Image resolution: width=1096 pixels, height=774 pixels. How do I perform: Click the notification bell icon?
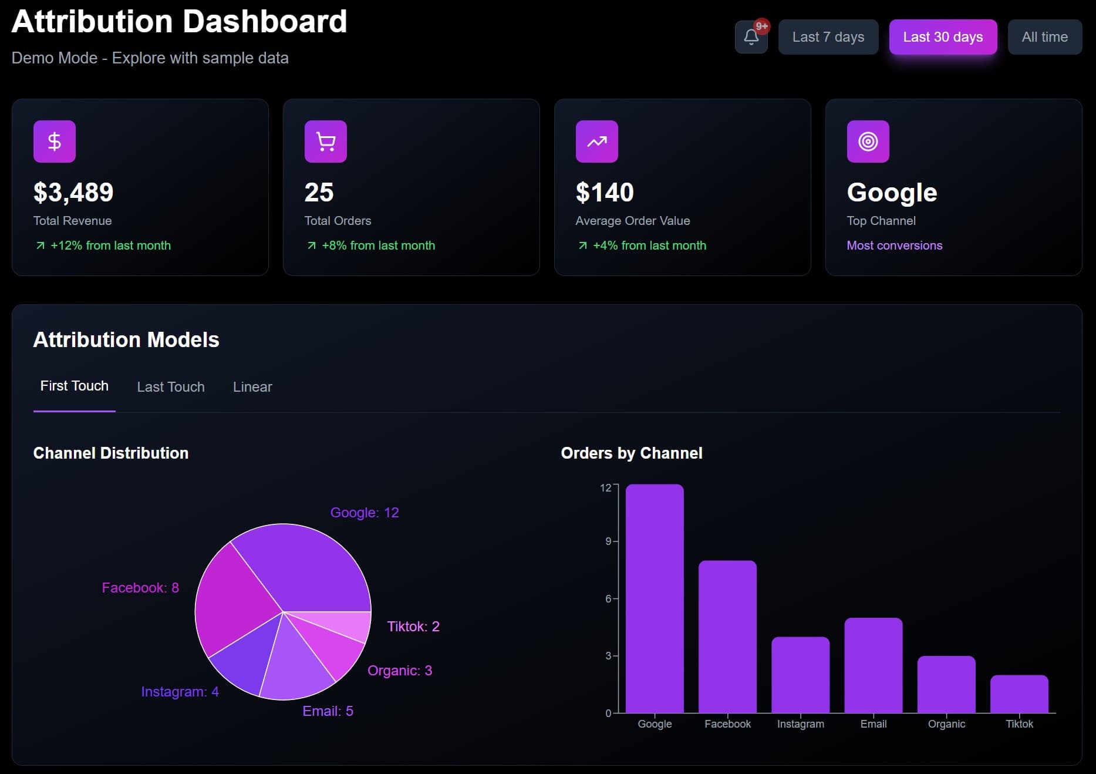pos(751,37)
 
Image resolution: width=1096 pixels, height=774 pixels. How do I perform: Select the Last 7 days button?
pos(828,37)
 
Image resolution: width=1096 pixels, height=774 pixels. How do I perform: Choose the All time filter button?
pos(1044,37)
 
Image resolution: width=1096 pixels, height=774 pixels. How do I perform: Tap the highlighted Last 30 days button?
pos(943,37)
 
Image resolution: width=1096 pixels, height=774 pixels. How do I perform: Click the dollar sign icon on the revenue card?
pos(55,142)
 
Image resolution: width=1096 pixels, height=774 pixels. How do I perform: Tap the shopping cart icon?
pos(326,142)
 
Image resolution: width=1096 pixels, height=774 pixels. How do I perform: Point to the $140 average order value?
pos(605,193)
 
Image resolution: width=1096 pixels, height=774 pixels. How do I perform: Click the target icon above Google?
pos(868,142)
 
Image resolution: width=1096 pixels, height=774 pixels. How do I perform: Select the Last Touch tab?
pos(171,387)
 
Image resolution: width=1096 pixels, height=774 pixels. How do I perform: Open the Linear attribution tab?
pos(252,387)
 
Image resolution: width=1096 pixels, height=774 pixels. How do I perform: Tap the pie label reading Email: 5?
pos(328,711)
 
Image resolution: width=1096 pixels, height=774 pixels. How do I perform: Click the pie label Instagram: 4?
pos(180,692)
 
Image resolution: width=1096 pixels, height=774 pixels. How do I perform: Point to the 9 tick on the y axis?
pos(608,541)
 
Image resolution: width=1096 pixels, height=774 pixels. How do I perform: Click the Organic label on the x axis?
pos(946,724)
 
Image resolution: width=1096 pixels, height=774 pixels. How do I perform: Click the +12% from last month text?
pos(110,245)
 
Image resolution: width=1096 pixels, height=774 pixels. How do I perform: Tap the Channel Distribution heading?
pos(111,453)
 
